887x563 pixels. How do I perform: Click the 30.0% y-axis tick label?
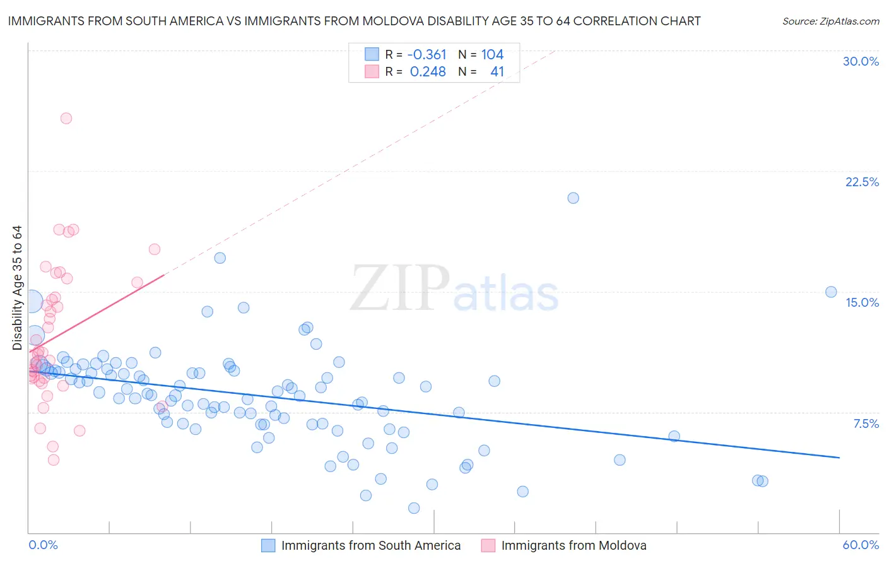[861, 61]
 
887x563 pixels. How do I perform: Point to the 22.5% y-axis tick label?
[862, 182]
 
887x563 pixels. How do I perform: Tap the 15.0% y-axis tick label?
[862, 302]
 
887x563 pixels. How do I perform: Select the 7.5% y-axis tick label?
[866, 424]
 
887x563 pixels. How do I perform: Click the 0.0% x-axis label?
[43, 545]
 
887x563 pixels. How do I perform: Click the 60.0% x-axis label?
[861, 545]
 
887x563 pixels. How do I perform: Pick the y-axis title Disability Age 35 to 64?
[17, 288]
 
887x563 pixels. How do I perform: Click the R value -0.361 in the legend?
[426, 55]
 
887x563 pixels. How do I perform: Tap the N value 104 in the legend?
[492, 55]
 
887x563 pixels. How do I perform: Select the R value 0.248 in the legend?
[428, 72]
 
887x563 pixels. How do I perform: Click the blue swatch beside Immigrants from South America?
[268, 545]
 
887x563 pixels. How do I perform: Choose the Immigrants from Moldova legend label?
[573, 545]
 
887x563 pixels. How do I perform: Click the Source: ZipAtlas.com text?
[830, 21]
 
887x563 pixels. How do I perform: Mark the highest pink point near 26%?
[66, 118]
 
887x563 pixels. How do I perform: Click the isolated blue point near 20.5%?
[573, 198]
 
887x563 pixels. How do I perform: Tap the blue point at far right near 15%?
[831, 292]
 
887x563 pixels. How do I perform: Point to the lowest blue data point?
[414, 508]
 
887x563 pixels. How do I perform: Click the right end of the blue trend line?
[839, 457]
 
